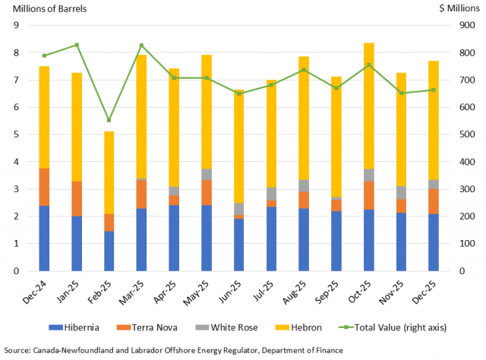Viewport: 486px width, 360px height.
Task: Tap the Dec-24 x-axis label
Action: [x=39, y=289]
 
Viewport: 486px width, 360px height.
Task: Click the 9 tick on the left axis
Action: [x=14, y=26]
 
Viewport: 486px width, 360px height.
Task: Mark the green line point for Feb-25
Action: [x=109, y=120]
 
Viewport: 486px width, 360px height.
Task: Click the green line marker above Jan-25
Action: [x=77, y=45]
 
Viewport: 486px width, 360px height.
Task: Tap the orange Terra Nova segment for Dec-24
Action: [x=44, y=187]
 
